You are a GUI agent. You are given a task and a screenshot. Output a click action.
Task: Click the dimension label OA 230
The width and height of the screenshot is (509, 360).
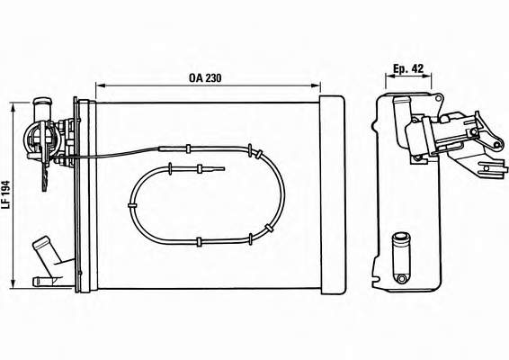click(x=205, y=78)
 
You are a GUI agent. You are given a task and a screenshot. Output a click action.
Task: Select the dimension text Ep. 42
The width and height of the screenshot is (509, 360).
click(x=408, y=68)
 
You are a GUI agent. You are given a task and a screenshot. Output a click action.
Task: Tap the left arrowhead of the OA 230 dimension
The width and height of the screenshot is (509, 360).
click(x=101, y=85)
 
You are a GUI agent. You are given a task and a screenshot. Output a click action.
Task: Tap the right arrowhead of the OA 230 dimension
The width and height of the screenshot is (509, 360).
click(x=316, y=85)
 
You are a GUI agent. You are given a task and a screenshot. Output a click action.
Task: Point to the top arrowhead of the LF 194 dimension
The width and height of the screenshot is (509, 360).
click(x=13, y=107)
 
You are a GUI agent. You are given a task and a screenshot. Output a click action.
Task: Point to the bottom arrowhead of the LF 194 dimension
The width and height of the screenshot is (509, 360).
click(x=13, y=283)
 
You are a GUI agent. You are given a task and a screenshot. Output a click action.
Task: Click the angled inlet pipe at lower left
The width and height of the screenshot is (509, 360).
click(x=46, y=253)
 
